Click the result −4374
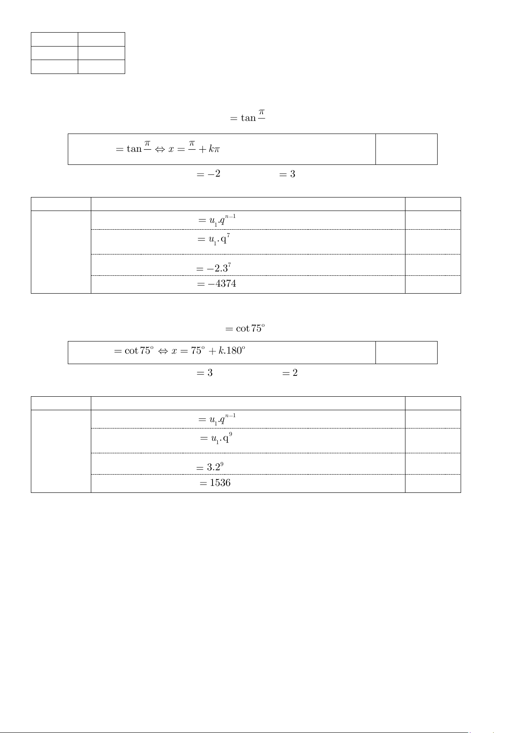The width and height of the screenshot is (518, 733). point(222,284)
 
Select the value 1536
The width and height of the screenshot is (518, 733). point(220,483)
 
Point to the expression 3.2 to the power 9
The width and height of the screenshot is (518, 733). point(215,467)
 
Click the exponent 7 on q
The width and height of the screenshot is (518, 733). point(229,235)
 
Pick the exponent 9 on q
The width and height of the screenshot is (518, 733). point(230,434)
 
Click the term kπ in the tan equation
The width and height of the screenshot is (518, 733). point(214,149)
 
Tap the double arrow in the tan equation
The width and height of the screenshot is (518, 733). point(160,149)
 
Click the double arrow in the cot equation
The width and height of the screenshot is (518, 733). point(163,351)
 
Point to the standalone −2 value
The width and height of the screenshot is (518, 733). point(214,174)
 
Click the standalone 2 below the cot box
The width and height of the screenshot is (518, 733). point(295,373)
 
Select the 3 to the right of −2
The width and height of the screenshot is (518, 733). point(292,174)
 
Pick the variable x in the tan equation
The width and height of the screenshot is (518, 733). point(171,149)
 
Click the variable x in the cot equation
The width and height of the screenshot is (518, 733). point(174,351)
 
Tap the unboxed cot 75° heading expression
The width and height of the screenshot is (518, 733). point(245,328)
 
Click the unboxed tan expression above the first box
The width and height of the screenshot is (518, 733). point(248,116)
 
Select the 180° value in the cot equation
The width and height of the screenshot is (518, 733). point(236,351)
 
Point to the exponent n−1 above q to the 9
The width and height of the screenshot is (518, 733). point(230,415)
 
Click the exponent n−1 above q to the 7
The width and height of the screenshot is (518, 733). point(230,216)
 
